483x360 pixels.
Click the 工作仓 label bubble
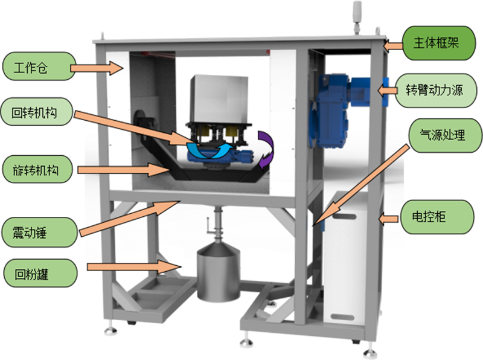(x=39, y=66)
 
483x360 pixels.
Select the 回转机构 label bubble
(x=37, y=112)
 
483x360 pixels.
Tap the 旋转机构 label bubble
(x=37, y=169)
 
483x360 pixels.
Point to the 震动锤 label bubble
(x=39, y=232)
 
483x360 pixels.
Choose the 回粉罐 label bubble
(x=40, y=274)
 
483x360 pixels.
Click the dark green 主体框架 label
(x=439, y=43)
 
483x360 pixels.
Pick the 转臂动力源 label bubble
(x=436, y=91)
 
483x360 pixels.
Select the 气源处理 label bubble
(x=445, y=135)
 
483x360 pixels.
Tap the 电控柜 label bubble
(x=437, y=217)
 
